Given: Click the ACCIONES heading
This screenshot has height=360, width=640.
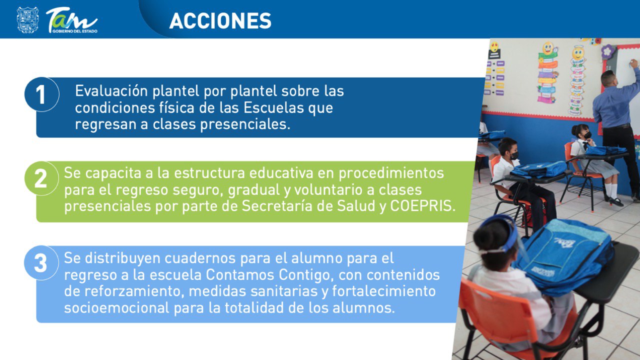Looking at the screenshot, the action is coord(220,20).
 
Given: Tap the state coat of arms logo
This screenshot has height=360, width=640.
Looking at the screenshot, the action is coord(27,20).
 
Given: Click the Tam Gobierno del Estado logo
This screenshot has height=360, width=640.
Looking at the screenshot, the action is coord(71,20).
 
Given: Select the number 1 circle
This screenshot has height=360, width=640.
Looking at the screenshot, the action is coord(41,94).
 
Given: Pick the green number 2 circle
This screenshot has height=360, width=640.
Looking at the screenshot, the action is coord(41,178).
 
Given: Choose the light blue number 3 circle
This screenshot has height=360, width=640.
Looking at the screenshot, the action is coord(41,263).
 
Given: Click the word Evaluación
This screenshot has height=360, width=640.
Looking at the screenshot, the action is coord(111,91).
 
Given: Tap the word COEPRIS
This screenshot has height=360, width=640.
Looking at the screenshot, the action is coord(422,206).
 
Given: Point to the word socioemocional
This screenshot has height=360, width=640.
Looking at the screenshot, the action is coord(116,308).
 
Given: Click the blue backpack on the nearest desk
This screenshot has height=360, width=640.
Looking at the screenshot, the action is coord(564,255).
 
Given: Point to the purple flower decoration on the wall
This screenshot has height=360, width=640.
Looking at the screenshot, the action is coord(607,51).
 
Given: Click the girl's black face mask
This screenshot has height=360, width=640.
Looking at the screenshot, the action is coord(587,135).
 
